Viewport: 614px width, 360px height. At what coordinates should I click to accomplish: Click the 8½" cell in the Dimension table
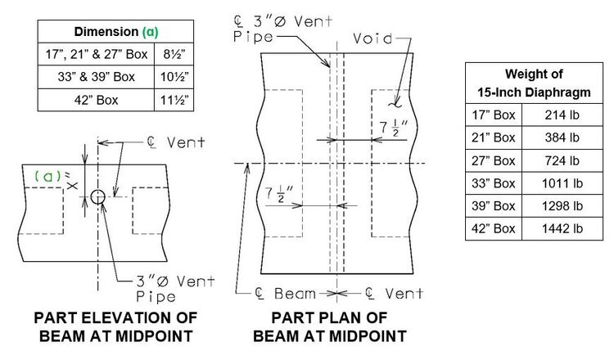pos(174,54)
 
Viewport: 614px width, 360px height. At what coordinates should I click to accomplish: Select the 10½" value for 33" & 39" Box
pos(174,77)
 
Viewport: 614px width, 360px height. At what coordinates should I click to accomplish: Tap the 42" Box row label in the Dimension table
pos(96,100)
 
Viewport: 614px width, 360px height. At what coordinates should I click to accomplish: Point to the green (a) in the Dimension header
pos(151,32)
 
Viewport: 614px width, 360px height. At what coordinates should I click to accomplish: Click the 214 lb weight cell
pos(562,115)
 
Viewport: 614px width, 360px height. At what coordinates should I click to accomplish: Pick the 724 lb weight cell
pos(562,160)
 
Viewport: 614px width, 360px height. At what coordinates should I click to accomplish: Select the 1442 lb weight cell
pos(562,228)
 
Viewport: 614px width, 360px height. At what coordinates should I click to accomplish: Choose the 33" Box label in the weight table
pos(494,183)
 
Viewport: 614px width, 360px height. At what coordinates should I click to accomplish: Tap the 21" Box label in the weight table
pos(494,137)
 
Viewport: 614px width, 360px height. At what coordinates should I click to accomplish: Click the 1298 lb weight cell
pos(562,206)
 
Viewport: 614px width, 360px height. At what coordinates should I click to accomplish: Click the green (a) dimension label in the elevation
pos(47,177)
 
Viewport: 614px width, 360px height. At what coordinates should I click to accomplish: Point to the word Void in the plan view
pos(372,38)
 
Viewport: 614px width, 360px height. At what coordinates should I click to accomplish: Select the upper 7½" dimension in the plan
pos(394,128)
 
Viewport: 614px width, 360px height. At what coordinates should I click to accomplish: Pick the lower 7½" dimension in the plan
pos(279,194)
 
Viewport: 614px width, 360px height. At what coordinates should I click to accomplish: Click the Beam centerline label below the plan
pos(285,293)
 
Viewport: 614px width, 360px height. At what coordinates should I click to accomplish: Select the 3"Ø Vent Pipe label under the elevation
pos(175,289)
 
